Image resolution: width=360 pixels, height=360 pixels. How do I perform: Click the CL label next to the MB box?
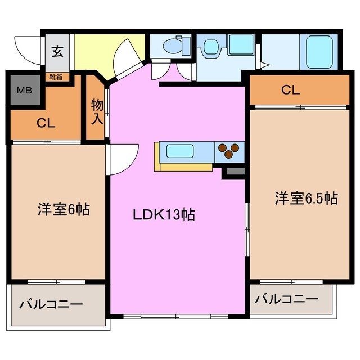coord(46,124)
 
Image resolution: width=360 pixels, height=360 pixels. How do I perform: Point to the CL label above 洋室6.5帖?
coord(291,89)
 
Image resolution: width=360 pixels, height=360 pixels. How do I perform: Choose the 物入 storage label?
coord(96,111)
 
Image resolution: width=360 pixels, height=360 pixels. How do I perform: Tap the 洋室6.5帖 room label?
coord(306,197)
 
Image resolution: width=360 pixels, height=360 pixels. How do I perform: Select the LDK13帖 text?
coord(164,214)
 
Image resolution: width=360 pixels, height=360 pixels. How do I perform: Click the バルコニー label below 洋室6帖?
coord(52,304)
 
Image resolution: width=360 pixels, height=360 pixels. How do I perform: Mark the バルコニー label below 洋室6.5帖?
coord(286,298)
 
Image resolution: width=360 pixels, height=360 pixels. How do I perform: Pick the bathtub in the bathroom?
coord(319,51)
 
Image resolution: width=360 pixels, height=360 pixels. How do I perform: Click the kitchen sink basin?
coord(180,151)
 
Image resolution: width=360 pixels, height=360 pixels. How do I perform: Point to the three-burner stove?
coord(228,151)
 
